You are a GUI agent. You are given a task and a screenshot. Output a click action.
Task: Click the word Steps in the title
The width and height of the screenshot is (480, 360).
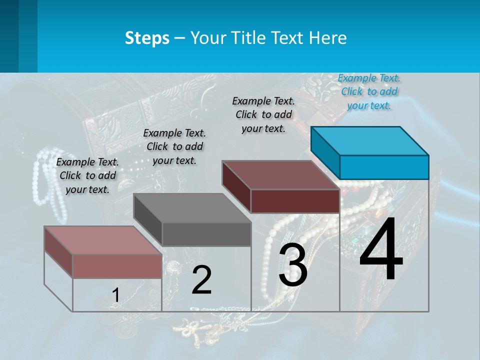[x=147, y=38]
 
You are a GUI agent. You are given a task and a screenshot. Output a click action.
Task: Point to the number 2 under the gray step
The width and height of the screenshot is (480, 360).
[x=201, y=280]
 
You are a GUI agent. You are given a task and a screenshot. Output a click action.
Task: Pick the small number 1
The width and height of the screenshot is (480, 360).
[x=115, y=295]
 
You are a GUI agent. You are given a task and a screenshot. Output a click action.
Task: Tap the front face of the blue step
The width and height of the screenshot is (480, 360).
[x=384, y=167]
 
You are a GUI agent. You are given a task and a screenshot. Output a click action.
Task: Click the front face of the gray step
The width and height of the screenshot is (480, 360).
[x=206, y=234]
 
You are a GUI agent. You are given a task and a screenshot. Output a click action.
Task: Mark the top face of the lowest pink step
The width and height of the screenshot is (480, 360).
[x=103, y=240]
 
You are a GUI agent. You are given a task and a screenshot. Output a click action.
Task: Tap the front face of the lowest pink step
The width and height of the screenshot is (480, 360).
[x=117, y=266]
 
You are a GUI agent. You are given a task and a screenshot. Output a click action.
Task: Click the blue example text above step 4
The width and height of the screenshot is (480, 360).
[x=369, y=91]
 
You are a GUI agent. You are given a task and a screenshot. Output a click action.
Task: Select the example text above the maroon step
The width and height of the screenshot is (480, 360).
[x=263, y=114]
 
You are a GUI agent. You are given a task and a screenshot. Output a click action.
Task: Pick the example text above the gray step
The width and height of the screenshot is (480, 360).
[x=174, y=146]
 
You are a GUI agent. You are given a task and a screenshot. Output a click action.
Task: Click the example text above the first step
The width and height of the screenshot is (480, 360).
[x=87, y=175]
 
